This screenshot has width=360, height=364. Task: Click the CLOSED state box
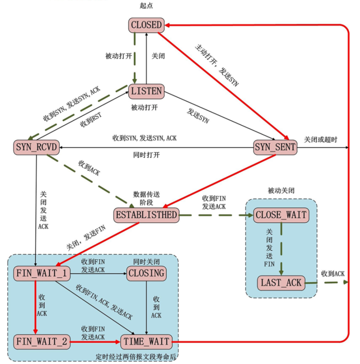coord(146,25)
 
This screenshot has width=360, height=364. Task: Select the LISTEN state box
coord(146,91)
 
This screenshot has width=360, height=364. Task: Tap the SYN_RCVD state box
coord(36,147)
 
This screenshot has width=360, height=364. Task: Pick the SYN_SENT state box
coord(275,147)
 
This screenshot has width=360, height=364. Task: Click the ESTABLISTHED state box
coord(145,215)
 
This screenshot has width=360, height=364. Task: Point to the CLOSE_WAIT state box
coord(281,215)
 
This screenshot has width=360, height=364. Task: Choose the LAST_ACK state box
coord(281,282)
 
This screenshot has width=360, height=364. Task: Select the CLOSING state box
coord(146,273)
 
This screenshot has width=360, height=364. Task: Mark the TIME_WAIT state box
coord(146,342)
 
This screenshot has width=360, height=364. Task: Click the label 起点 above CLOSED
coord(146,6)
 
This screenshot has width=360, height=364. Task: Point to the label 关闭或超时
coord(321,139)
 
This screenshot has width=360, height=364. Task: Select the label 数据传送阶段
coord(146,197)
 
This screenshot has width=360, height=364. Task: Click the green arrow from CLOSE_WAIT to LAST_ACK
coord(281,249)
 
